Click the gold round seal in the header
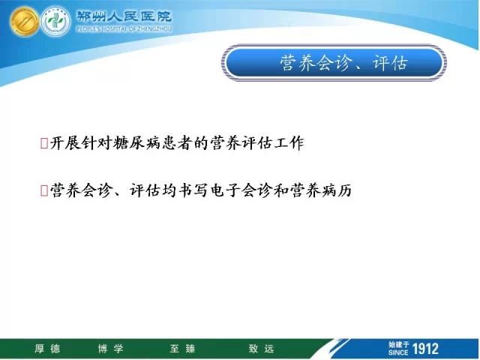(24, 22)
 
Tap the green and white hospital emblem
(55, 22)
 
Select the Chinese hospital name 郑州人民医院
(124, 16)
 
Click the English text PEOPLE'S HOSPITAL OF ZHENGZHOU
(124, 29)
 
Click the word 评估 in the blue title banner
(390, 63)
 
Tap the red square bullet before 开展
(44, 143)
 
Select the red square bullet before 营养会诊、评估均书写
(44, 190)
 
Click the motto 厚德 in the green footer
(47, 349)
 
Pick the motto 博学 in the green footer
(110, 349)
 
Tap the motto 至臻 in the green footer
(182, 349)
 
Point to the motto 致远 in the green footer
(261, 349)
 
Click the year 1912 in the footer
(425, 349)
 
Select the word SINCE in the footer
(398, 352)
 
